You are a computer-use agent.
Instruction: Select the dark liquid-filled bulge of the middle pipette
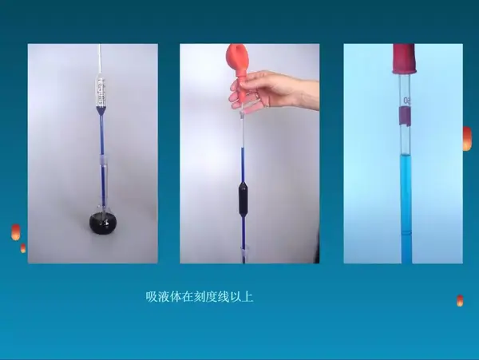pyautogui.click(x=243, y=200)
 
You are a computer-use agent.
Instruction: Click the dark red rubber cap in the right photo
pyautogui.click(x=404, y=59)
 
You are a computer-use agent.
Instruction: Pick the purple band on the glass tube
pyautogui.click(x=405, y=116)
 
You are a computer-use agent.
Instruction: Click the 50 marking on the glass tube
pyautogui.click(x=407, y=101)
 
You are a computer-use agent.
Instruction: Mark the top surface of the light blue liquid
pyautogui.click(x=406, y=156)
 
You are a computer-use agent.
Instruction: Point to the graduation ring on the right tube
pyautogui.click(x=406, y=233)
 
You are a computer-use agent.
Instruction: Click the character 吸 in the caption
pyautogui.click(x=151, y=297)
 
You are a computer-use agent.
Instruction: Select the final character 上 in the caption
pyautogui.click(x=247, y=297)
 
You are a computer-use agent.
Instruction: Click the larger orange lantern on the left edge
pyautogui.click(x=16, y=232)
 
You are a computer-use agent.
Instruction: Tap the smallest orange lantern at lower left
pyautogui.click(x=23, y=248)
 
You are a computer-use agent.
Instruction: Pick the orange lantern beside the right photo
pyautogui.click(x=467, y=139)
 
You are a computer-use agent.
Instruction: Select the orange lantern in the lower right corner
pyautogui.click(x=460, y=300)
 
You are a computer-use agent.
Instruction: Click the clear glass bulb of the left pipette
pyautogui.click(x=101, y=92)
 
